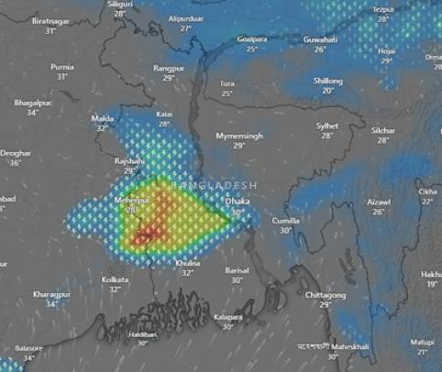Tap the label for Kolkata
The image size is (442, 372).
coord(116,279)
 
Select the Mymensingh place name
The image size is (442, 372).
coord(238,136)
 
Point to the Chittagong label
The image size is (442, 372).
coord(326,295)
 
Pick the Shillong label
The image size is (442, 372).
coord(327,81)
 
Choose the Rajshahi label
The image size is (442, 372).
coord(129,160)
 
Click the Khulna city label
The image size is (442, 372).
coord(187,263)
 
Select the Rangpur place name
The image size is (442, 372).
coord(169,69)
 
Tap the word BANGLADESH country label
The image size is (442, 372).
coord(211,185)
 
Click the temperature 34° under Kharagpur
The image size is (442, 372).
coord(51,303)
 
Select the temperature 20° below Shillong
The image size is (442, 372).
coord(327,91)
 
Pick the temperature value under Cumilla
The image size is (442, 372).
coord(286,231)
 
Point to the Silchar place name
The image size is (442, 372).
coord(383,130)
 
